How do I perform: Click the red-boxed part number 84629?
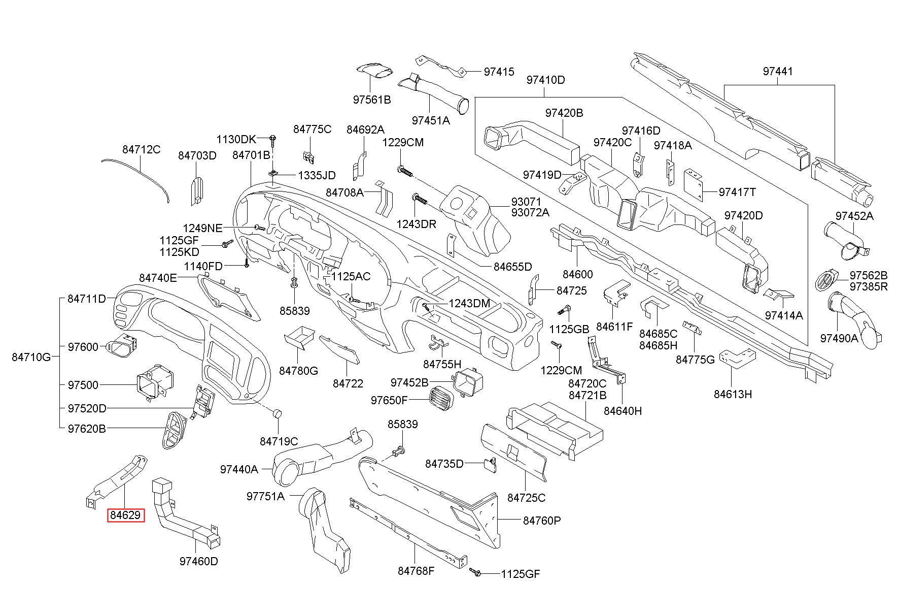coord(125,515)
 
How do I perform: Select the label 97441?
coord(778,72)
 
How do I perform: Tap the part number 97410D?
coord(545,80)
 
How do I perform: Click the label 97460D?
coord(198,561)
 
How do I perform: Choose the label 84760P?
coord(542,521)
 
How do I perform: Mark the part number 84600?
coord(577,274)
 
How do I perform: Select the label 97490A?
coord(839,338)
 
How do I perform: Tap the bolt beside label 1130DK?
coord(273,138)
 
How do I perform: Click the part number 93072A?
coord(530,212)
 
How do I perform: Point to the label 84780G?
coord(298,371)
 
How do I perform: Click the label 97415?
coord(499,72)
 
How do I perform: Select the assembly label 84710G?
coord(31,357)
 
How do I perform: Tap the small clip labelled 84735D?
coord(490,464)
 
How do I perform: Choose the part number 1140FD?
coord(203,266)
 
